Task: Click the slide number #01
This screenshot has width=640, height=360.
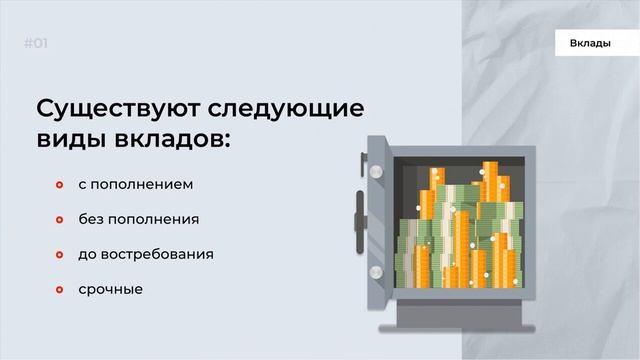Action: click(x=35, y=43)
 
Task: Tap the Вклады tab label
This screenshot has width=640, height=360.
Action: click(x=590, y=44)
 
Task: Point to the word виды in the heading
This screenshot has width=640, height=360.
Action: click(x=68, y=139)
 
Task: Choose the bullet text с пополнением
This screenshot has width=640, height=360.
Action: click(x=135, y=185)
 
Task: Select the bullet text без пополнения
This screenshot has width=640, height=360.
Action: click(x=138, y=220)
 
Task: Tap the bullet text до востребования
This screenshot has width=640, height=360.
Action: click(x=145, y=254)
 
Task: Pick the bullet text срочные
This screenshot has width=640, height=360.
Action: click(x=110, y=289)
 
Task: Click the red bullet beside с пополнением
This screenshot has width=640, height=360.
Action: click(x=59, y=186)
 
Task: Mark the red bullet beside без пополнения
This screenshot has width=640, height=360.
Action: click(x=59, y=220)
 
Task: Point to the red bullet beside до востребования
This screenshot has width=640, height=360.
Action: click(x=59, y=255)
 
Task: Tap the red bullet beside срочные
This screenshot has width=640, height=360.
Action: click(x=59, y=290)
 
